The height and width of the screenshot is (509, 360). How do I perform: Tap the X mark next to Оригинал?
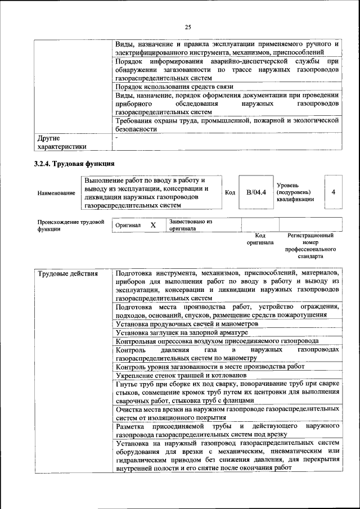(x=152, y=225)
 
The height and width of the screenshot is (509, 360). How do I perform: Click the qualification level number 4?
(x=334, y=192)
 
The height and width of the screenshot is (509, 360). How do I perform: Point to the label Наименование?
(x=56, y=193)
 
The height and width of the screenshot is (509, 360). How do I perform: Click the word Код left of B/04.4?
(x=230, y=192)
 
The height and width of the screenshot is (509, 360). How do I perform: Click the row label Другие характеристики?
(x=62, y=142)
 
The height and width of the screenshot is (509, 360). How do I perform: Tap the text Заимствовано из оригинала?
(x=191, y=225)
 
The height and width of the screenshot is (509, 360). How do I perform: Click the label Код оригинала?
(x=260, y=239)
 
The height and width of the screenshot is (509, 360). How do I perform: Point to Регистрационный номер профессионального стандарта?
(x=310, y=246)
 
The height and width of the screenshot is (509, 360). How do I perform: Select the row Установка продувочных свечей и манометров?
(x=187, y=325)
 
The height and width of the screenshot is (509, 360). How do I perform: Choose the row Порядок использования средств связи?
(x=174, y=87)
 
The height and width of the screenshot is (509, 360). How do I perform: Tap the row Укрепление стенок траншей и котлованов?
(x=181, y=375)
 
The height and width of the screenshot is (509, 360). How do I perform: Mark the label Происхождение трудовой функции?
(x=71, y=225)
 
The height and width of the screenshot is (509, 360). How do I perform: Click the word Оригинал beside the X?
(x=127, y=225)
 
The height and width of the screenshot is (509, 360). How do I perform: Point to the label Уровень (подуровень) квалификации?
(x=295, y=192)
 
